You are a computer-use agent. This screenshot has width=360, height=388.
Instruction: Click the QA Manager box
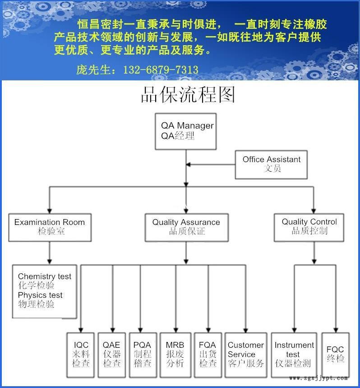pos(185,131)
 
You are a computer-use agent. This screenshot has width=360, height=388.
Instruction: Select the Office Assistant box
pos(271,164)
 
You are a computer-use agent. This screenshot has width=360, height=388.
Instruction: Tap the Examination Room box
pos(49,227)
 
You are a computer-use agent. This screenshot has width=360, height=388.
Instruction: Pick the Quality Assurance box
pos(186,227)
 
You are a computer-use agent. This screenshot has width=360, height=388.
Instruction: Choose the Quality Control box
pos(309,226)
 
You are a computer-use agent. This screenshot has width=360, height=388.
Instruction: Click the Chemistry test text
pos(45,276)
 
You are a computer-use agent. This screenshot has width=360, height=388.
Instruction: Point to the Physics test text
pos(40,295)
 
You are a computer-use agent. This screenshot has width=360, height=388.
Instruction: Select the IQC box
pos(81,355)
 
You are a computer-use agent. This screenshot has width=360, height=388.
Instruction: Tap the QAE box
pos(112,355)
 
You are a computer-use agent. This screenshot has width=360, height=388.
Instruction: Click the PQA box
pos(143,355)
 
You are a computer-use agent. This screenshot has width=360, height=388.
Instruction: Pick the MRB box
pos(175,355)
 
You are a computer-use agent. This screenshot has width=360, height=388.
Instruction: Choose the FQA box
pos(208,355)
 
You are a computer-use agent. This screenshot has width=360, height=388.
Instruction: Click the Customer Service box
pos(245,355)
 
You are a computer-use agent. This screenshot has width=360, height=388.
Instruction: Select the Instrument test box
pos(294,355)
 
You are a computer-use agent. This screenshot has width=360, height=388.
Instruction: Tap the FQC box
pos(335,355)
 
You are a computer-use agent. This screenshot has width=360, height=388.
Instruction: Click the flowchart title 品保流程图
pos(188,95)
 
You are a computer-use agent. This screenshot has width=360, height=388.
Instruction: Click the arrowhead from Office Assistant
pos(189,164)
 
